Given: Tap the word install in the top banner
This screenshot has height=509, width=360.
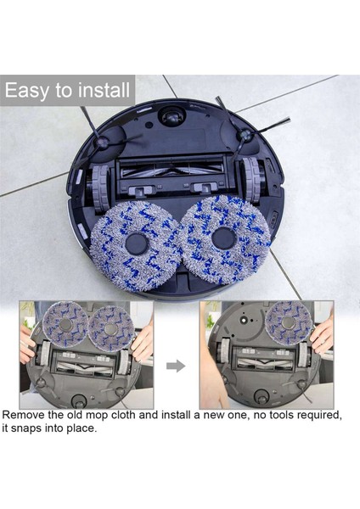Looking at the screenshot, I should (x=102, y=89).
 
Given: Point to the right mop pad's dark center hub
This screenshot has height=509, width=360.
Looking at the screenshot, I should (x=224, y=238).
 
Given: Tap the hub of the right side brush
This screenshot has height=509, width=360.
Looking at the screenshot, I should (x=244, y=135).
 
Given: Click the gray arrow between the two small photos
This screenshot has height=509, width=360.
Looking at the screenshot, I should (x=176, y=366).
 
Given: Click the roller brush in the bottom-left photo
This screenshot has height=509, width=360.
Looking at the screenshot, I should (x=85, y=363).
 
